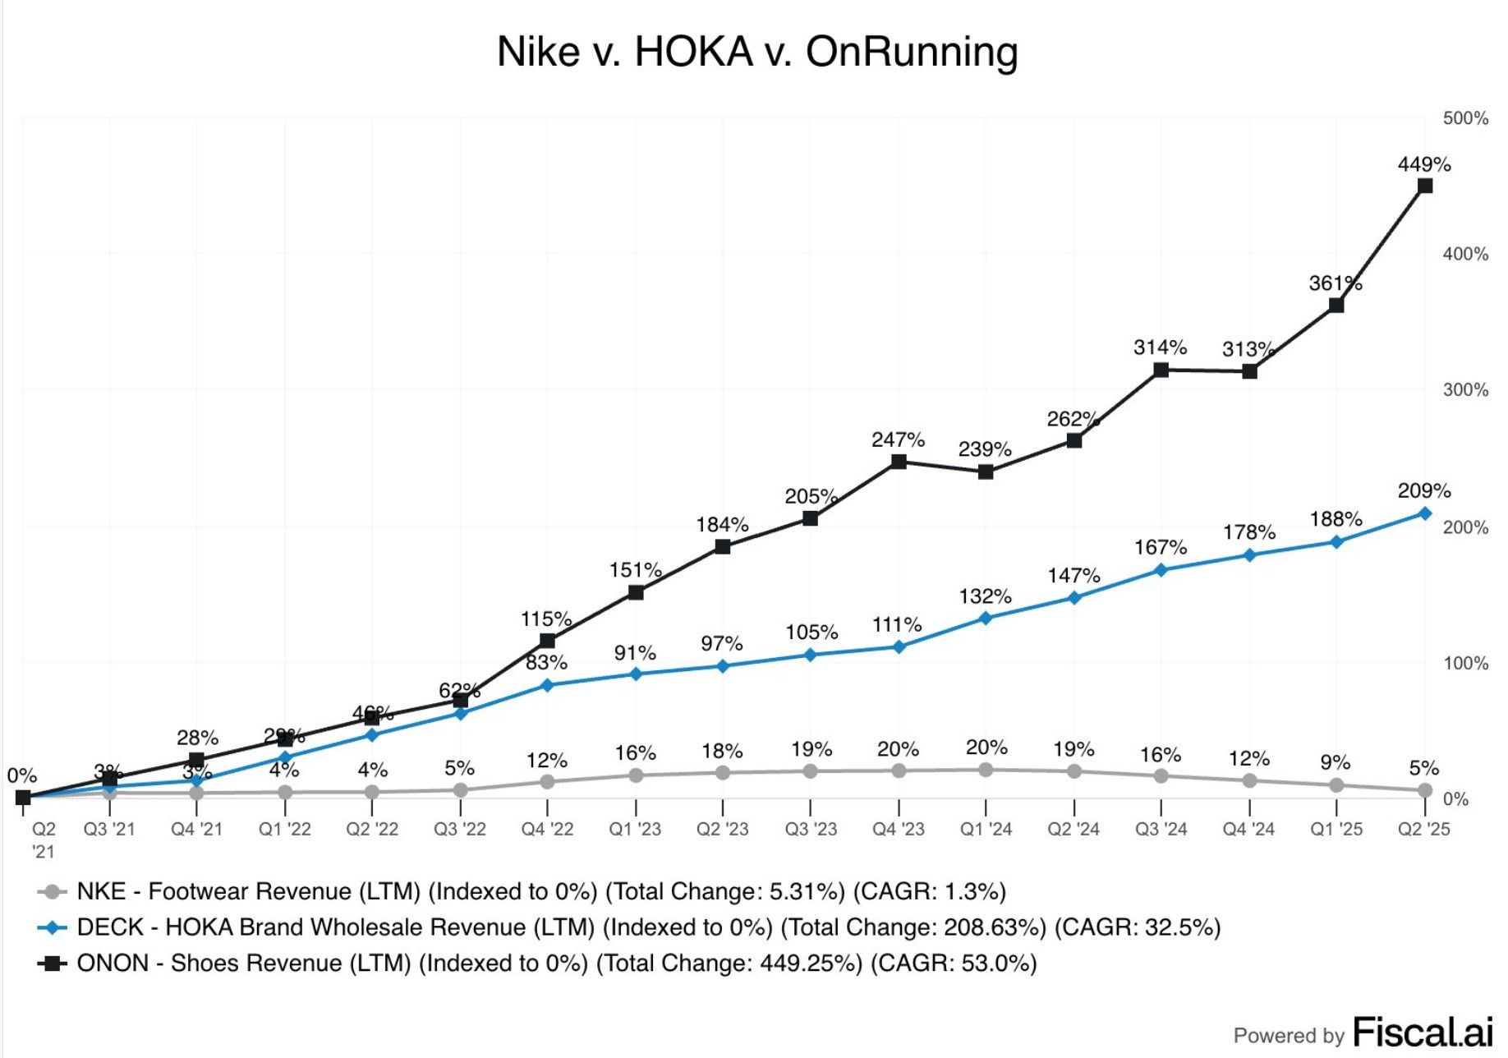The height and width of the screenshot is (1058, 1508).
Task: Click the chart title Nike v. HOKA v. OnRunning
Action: click(x=757, y=52)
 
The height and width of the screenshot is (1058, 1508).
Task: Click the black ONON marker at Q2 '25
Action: click(x=1425, y=186)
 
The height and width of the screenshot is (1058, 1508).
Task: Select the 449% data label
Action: click(x=1424, y=164)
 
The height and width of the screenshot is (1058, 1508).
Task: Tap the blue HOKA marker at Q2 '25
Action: click(x=1425, y=513)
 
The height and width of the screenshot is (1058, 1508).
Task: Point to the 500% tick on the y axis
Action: click(x=1465, y=118)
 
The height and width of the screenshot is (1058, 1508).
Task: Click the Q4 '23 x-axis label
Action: click(x=899, y=830)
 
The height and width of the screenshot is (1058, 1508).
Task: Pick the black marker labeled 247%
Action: click(x=899, y=462)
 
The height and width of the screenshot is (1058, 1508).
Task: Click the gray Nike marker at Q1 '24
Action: click(x=986, y=770)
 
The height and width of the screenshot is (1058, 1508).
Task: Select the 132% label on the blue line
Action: click(x=985, y=596)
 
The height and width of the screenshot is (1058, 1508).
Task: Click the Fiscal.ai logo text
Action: click(x=1422, y=1032)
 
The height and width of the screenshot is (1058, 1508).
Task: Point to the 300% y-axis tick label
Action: click(x=1465, y=389)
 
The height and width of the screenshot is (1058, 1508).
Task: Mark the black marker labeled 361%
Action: click(x=1336, y=306)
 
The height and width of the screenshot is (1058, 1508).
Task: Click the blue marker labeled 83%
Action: click(x=547, y=685)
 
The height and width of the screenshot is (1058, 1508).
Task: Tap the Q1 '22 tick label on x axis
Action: click(x=284, y=830)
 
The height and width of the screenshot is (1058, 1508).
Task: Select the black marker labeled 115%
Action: click(x=547, y=641)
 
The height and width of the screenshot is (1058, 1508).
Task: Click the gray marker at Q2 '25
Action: click(x=1425, y=790)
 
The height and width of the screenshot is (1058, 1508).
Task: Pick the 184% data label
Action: click(x=722, y=525)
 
